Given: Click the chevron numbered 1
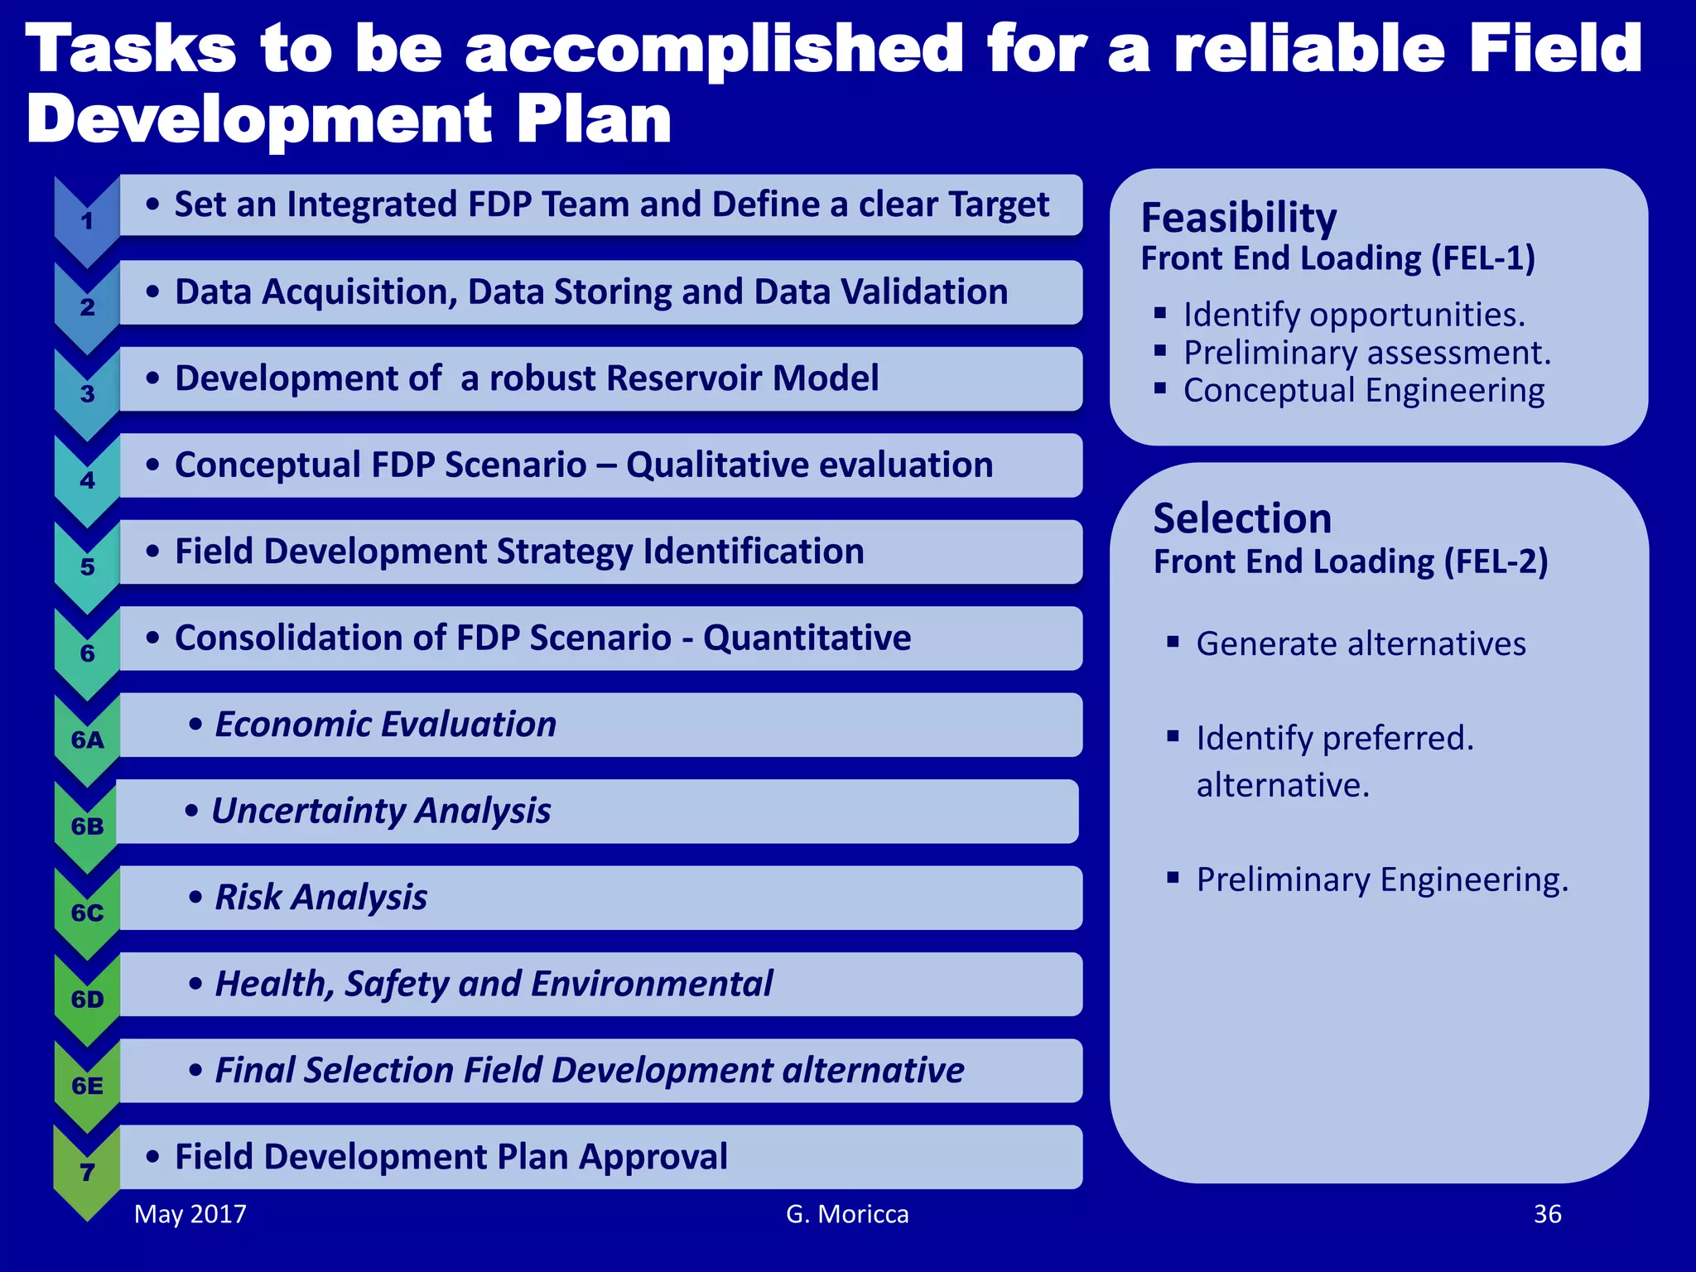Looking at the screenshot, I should point(87,221).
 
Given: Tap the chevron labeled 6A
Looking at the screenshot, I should point(87,740).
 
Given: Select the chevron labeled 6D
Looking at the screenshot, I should point(87,1000).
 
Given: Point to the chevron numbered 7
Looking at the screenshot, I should point(87,1172).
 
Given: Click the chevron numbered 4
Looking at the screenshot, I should point(87,480).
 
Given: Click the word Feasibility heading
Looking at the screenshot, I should point(1239,219).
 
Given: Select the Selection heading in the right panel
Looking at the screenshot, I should point(1242,519).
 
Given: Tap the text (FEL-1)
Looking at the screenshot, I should point(1483,258).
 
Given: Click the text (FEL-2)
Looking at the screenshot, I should point(1496,561).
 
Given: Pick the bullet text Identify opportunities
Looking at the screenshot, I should point(1354,315).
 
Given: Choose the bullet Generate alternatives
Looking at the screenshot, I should point(1361,643).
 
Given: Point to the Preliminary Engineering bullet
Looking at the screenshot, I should point(1382,879).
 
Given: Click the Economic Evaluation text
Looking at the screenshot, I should point(385,725).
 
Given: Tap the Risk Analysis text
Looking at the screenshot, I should point(321,898).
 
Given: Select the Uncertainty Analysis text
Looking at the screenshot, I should point(381,811).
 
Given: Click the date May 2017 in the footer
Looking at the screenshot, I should point(190,1214).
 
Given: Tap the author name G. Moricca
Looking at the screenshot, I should point(847,1214).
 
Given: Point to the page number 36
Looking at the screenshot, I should point(1547,1214).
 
